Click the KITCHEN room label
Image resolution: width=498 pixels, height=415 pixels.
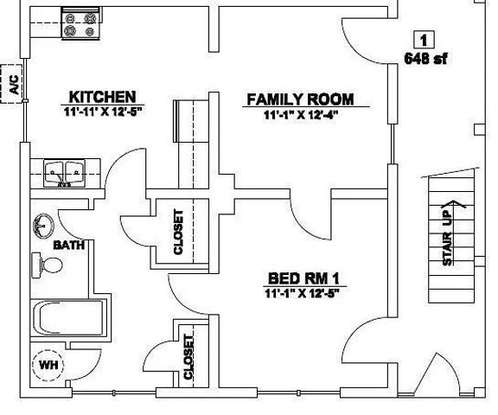pos(102,96)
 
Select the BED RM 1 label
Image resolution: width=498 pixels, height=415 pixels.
pos(303,278)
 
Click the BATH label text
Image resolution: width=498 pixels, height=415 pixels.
pos(68,246)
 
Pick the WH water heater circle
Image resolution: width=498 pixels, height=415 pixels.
pos(48,365)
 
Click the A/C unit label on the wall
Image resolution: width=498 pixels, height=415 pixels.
pos(14,84)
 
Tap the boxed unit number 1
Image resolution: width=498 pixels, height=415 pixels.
pos(425,39)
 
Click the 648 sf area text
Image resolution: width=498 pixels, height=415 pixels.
pos(425,59)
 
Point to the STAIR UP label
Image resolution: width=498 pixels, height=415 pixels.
pos(449,241)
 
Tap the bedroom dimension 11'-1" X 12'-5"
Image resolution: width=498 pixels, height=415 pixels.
pos(303,294)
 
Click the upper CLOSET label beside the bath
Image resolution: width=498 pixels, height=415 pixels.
pos(179,232)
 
